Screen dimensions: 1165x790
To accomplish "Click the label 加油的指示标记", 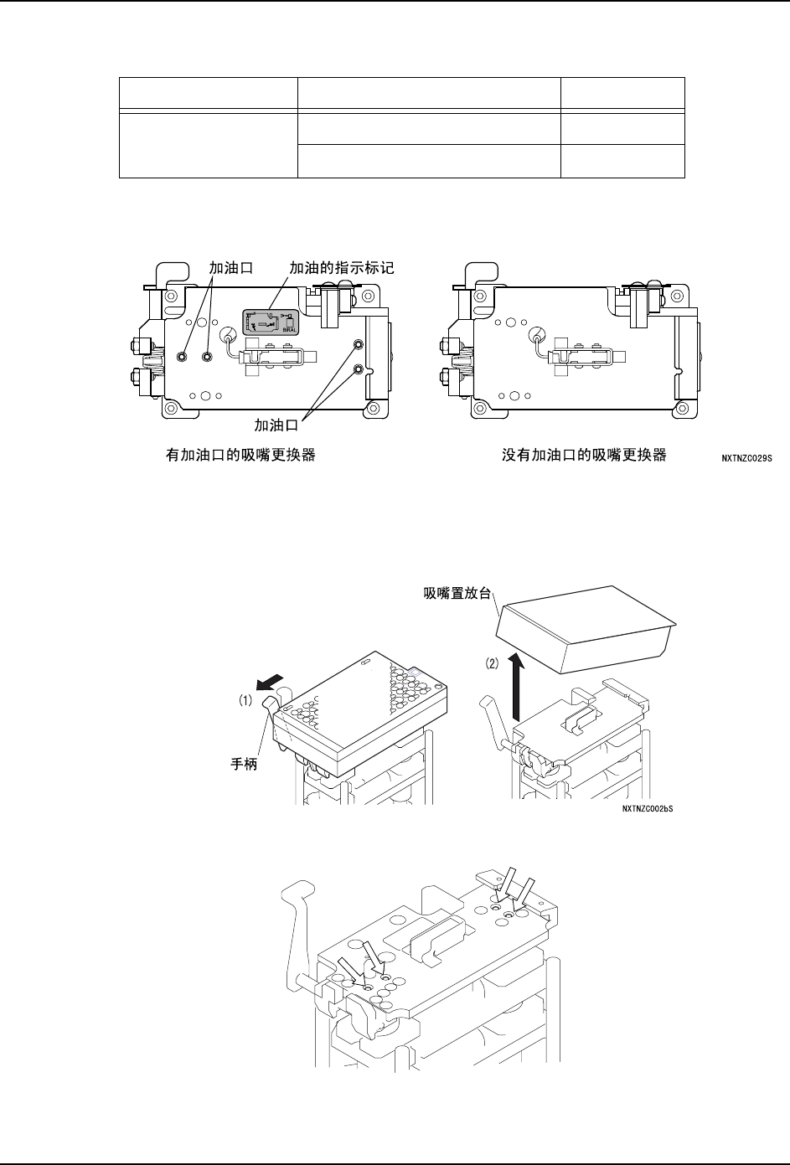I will point(341,268).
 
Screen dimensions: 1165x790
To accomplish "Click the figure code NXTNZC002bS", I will point(648,809).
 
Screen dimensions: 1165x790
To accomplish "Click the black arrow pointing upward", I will point(519,687).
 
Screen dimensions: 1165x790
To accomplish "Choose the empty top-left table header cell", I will point(209,93).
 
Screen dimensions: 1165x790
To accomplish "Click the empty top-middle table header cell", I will point(430,93).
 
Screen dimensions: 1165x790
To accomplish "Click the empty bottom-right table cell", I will point(622,161).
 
